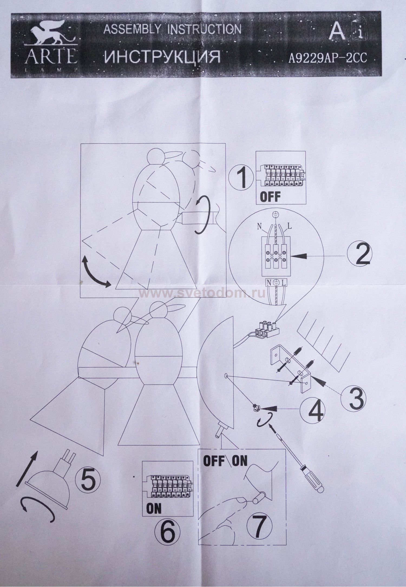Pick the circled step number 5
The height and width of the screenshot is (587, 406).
[x=87, y=481]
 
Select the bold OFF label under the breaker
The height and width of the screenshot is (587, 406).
[x=270, y=197]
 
